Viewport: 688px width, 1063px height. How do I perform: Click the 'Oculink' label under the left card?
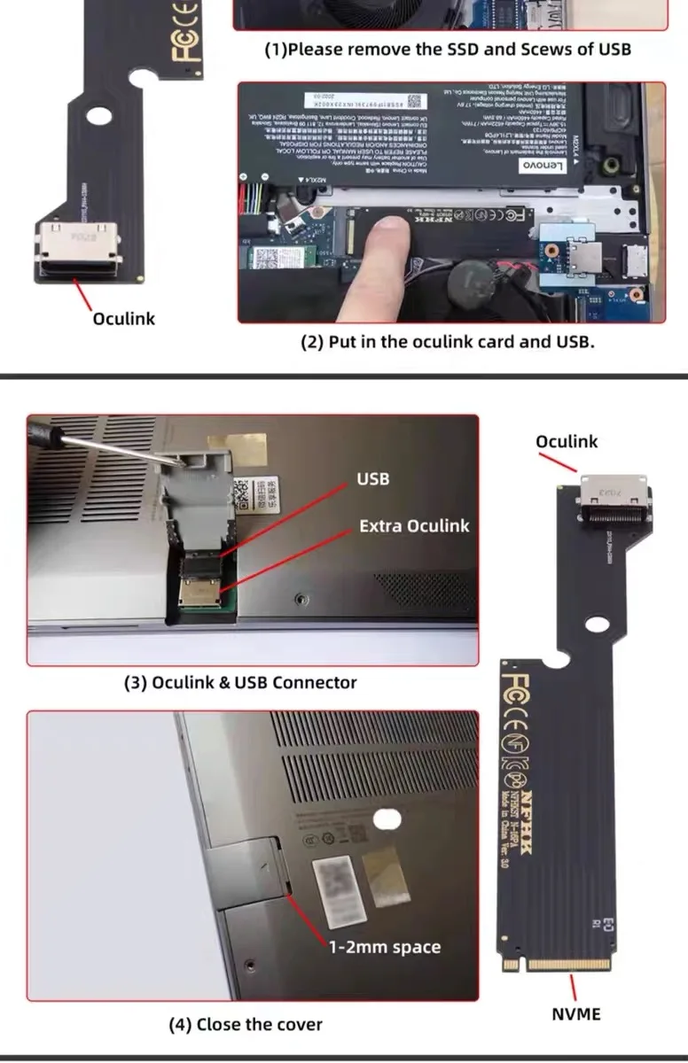pyautogui.click(x=124, y=319)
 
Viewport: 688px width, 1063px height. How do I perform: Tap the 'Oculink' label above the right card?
pyautogui.click(x=567, y=441)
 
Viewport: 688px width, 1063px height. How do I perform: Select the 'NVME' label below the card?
pyautogui.click(x=576, y=1014)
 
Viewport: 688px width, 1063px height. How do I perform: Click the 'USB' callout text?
pyautogui.click(x=373, y=479)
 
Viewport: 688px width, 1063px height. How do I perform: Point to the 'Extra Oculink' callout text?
pyautogui.click(x=414, y=526)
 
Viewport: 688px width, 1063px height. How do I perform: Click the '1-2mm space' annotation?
pyautogui.click(x=384, y=948)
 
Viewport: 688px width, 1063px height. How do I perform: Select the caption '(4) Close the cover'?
pyautogui.click(x=246, y=1025)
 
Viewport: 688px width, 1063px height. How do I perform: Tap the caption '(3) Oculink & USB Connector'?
pyautogui.click(x=240, y=683)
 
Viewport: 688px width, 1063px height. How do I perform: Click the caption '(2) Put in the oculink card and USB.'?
pyautogui.click(x=447, y=341)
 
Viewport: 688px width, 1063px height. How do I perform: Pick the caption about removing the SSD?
pyautogui.click(x=448, y=50)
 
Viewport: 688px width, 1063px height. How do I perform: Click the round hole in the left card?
pyautogui.click(x=98, y=116)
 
